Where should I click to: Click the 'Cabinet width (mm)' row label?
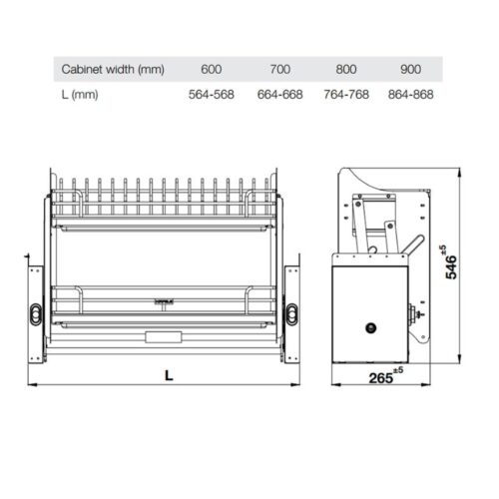click(112, 70)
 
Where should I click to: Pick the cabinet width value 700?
click(279, 70)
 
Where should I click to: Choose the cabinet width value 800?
click(346, 70)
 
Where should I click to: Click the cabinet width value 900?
click(412, 70)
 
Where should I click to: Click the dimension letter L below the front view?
click(169, 375)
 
